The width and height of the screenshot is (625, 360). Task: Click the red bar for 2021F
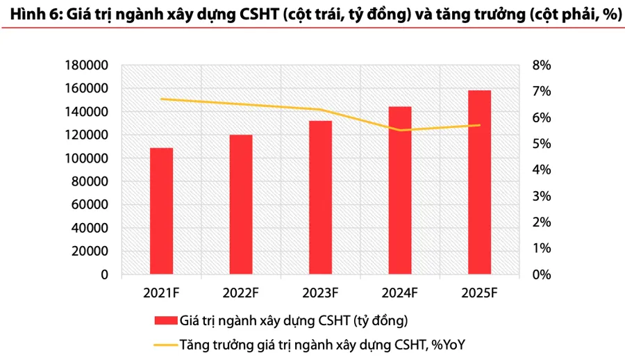(162, 211)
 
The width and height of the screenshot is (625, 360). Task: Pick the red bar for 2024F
(400, 190)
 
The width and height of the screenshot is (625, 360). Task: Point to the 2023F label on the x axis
(320, 293)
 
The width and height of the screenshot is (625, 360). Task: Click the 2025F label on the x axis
(479, 293)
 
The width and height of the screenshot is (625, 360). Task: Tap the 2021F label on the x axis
(162, 293)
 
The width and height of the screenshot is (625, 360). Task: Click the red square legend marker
(165, 320)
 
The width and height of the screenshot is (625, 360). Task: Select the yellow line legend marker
(165, 344)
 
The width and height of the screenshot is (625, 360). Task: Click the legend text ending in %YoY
(326, 344)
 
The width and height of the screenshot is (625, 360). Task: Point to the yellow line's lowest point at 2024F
(400, 130)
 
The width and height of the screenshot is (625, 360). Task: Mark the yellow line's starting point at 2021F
(162, 99)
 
